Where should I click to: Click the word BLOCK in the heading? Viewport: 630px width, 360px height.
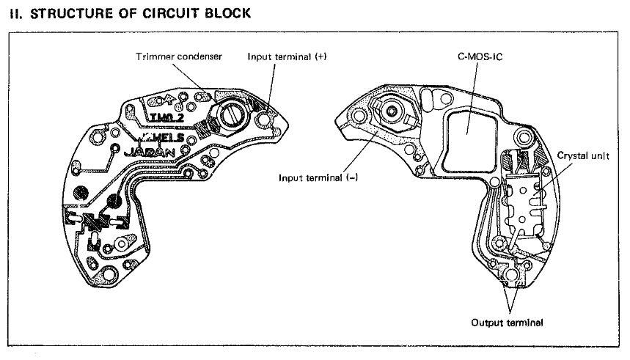[x=225, y=12]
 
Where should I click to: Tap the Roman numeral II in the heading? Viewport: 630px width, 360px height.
[x=14, y=12]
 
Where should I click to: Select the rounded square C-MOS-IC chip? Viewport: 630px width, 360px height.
[x=469, y=131]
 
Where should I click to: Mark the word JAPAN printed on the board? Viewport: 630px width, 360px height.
[x=150, y=154]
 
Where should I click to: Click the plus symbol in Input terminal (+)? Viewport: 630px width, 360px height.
[x=320, y=56]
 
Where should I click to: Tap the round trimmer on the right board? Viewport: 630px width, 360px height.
[x=393, y=111]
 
